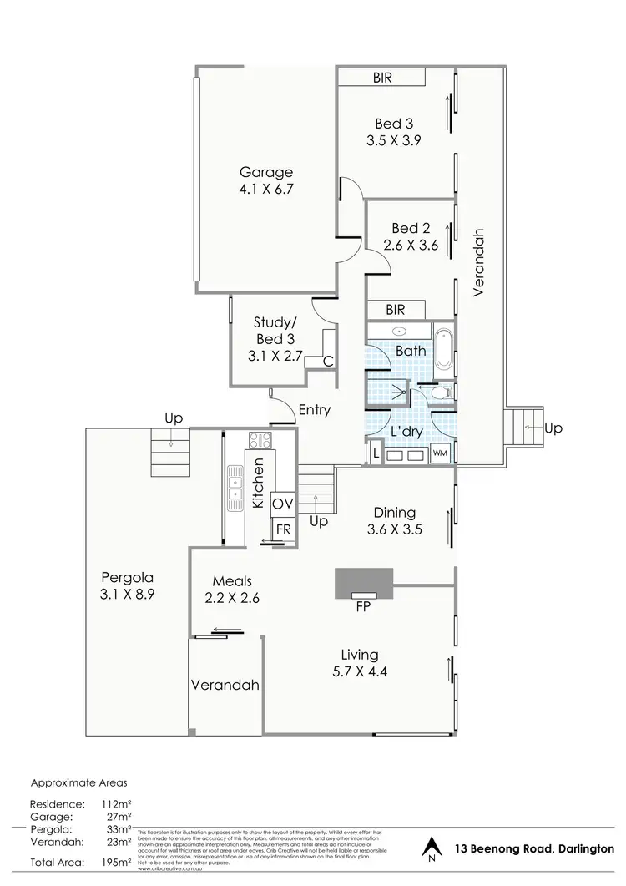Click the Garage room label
tap(265, 173)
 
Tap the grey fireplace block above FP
tap(363, 583)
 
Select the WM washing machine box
tap(440, 453)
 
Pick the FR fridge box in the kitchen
tap(283, 529)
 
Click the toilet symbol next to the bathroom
tap(441, 392)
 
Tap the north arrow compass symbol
tap(431, 850)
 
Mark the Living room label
tap(360, 655)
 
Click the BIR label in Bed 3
tap(383, 78)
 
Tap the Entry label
tap(314, 410)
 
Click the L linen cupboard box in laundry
tap(376, 453)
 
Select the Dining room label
tap(395, 514)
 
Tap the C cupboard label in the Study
tap(327, 361)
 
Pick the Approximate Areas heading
tap(80, 783)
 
